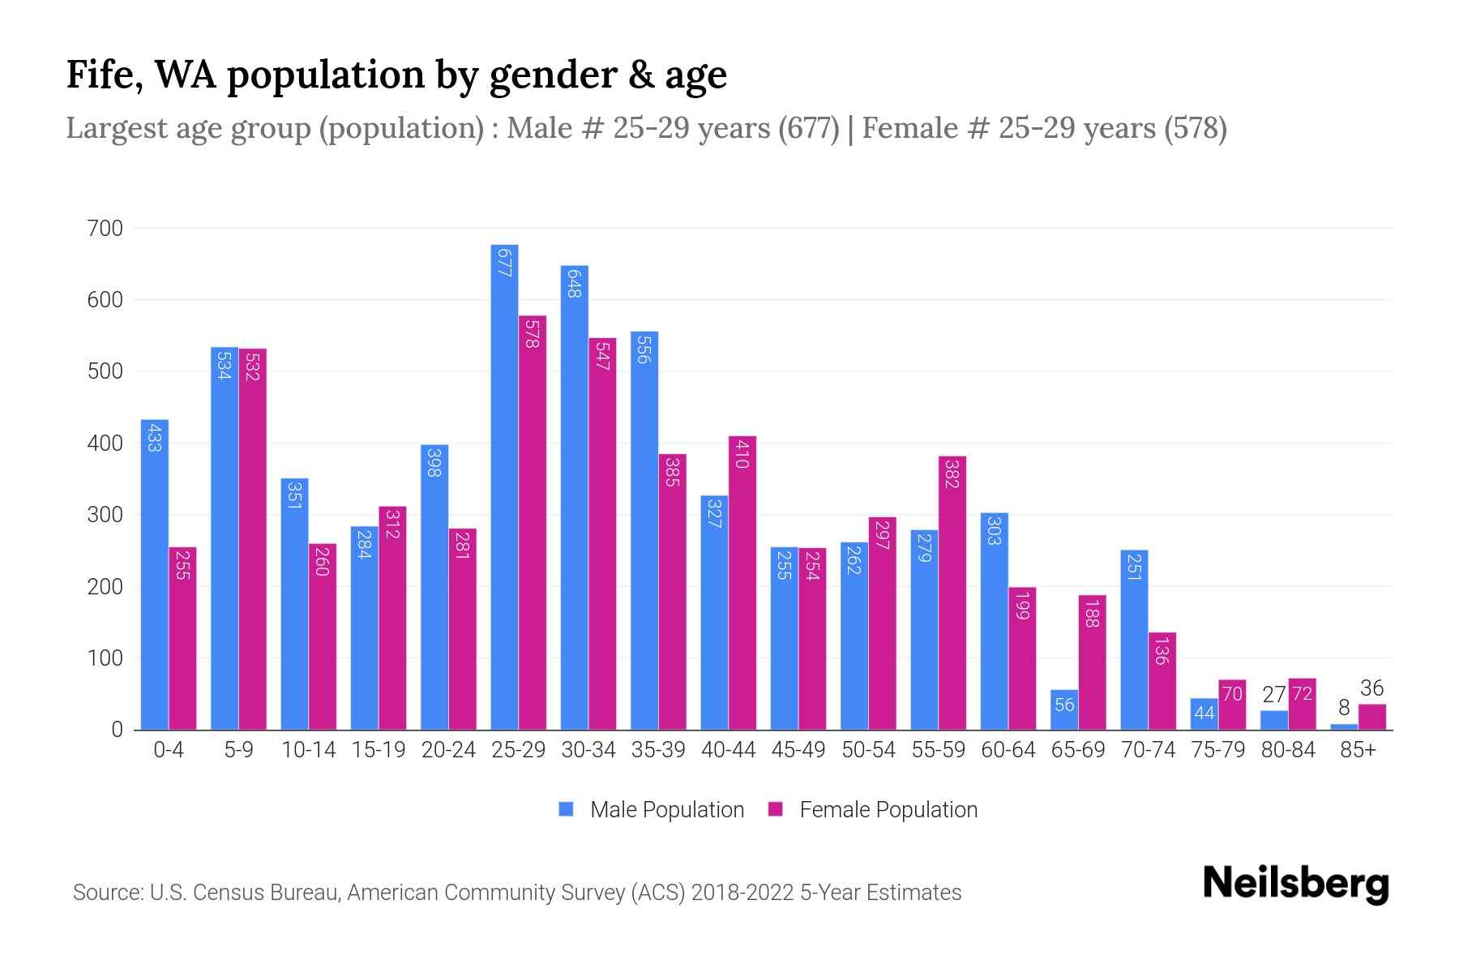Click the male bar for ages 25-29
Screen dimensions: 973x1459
[x=504, y=486]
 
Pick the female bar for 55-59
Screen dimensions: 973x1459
[x=952, y=593]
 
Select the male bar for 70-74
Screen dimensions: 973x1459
[x=1133, y=640]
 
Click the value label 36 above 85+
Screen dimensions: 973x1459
[x=1371, y=688]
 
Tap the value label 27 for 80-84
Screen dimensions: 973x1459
[x=1274, y=695]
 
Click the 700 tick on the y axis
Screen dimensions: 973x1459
[x=105, y=229]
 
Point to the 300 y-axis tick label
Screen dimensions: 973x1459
[x=105, y=515]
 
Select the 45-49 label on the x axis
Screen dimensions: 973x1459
[x=798, y=750]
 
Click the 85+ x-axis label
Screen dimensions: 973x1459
[x=1358, y=750]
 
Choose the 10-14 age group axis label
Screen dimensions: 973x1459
[x=308, y=750]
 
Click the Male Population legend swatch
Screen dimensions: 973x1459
[x=566, y=809]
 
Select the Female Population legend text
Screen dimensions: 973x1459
[x=888, y=809]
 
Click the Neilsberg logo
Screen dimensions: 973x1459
[x=1295, y=884]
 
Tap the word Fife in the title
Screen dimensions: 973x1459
[x=103, y=75]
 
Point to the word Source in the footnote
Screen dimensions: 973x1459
[x=106, y=893]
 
